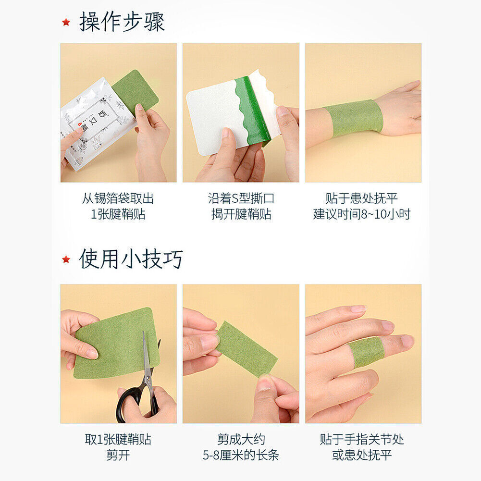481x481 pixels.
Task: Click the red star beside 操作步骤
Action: (x=66, y=22)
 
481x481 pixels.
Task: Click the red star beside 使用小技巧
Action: (x=66, y=259)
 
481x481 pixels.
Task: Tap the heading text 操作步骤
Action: (x=122, y=22)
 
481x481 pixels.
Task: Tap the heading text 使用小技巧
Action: (x=131, y=259)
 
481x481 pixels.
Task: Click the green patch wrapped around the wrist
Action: (x=354, y=118)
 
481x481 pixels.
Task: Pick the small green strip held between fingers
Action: (x=246, y=348)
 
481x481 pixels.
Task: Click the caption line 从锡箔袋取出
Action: (x=118, y=198)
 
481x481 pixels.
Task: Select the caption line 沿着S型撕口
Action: (x=241, y=198)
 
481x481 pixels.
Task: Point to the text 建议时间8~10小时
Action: (x=362, y=214)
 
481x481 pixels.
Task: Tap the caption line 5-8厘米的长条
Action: (x=241, y=455)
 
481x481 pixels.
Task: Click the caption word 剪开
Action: (x=118, y=455)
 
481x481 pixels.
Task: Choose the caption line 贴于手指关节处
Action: (x=362, y=439)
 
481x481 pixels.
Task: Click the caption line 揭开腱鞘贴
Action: (x=241, y=214)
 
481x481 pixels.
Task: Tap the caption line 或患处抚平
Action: (x=362, y=455)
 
